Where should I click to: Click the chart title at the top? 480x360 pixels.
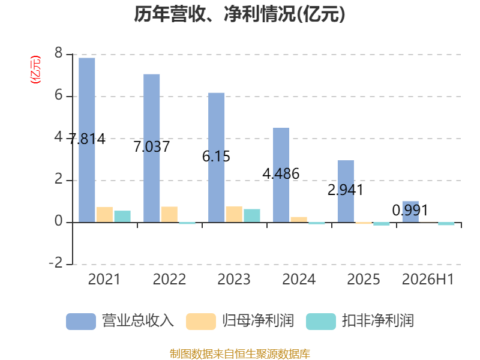pyautogui.click(x=239, y=14)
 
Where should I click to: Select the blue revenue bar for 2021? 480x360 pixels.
pyautogui.click(x=86, y=140)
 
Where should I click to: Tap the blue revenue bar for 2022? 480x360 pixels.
pyautogui.click(x=152, y=148)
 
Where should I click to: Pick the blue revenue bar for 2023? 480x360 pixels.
pyautogui.click(x=216, y=157)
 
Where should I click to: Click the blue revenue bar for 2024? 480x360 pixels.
pyautogui.click(x=281, y=175)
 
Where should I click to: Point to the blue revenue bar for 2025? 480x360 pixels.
pyautogui.click(x=346, y=191)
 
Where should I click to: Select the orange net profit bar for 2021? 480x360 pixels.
pyautogui.click(x=104, y=215)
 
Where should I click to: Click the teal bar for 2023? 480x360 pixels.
pyautogui.click(x=252, y=215)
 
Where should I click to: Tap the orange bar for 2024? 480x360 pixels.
pyautogui.click(x=299, y=220)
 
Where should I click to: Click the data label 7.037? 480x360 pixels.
pyautogui.click(x=152, y=146)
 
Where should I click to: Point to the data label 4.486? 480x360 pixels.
pyautogui.click(x=281, y=174)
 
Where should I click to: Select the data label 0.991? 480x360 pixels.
pyautogui.click(x=410, y=211)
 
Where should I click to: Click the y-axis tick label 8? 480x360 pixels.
pyautogui.click(x=58, y=53)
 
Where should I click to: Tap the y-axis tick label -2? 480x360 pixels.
pyautogui.click(x=56, y=263)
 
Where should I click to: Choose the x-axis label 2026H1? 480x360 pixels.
pyautogui.click(x=428, y=279)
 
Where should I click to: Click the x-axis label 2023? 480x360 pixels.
pyautogui.click(x=234, y=279)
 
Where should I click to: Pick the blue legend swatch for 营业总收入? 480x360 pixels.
pyautogui.click(x=81, y=322)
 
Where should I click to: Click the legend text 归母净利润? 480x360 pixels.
pyautogui.click(x=258, y=321)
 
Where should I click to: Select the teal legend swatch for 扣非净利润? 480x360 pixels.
pyautogui.click(x=321, y=322)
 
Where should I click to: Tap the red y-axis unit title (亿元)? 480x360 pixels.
pyautogui.click(x=35, y=70)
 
